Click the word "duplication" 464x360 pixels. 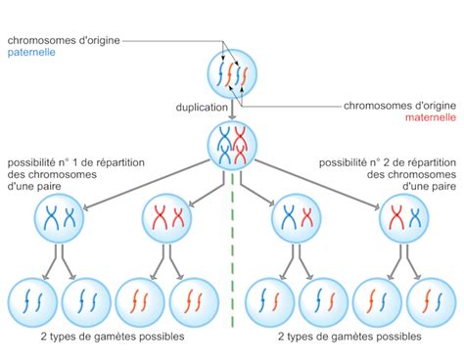(x=203, y=107)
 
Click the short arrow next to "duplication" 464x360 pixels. (x=232, y=106)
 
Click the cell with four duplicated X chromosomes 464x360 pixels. (x=232, y=143)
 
